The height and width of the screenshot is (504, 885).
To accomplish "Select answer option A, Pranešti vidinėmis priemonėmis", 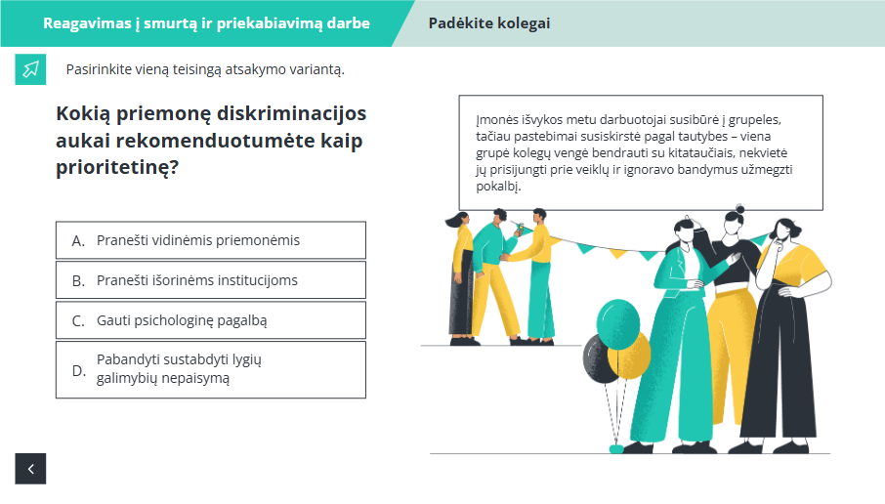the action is tap(211, 240).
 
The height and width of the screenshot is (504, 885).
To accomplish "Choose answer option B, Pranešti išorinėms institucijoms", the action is tap(211, 280).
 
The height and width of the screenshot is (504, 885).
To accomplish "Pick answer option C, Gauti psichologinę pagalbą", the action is tap(211, 320).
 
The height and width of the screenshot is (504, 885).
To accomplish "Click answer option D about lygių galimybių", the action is tap(211, 369).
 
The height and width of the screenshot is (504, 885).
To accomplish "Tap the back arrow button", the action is tap(30, 469).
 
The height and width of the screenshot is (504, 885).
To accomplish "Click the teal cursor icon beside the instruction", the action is tap(30, 69).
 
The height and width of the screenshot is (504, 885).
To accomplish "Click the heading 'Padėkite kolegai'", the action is tap(488, 23).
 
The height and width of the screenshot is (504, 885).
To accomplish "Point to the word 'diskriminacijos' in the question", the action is tap(291, 113).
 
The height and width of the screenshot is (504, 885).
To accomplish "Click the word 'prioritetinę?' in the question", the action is tap(117, 168).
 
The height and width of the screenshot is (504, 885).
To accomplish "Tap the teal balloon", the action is tap(618, 323).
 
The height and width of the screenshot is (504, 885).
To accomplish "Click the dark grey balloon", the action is tap(598, 359).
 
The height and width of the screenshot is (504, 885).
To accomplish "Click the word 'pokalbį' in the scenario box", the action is tap(496, 187).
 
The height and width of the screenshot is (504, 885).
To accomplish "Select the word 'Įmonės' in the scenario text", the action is tap(494, 119).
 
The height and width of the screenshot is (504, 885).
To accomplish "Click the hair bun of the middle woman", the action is tap(740, 209).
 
